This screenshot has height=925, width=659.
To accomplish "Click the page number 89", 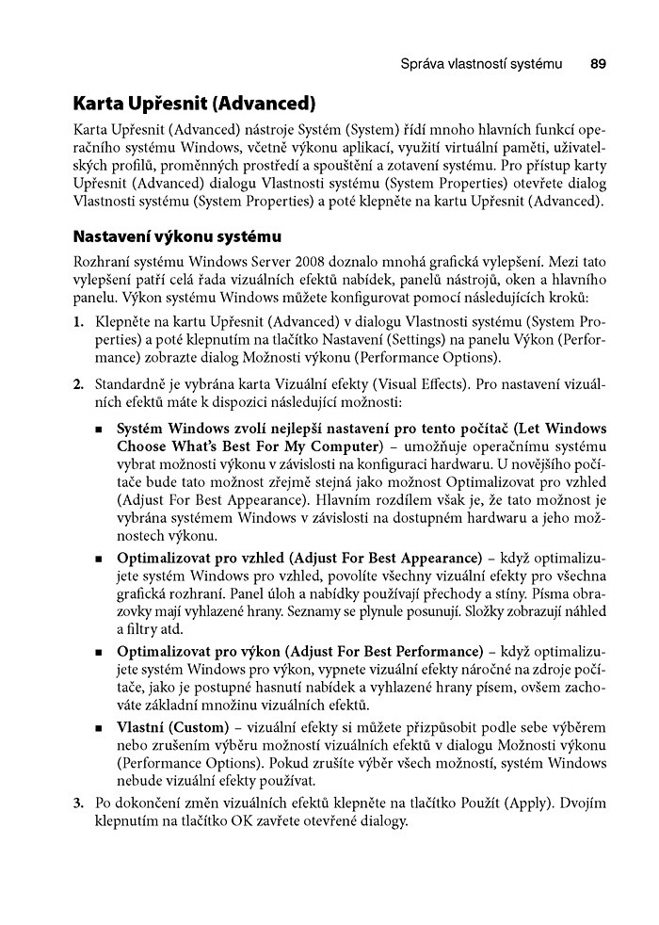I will (x=598, y=65).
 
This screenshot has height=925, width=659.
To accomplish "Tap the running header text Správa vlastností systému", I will (x=481, y=65).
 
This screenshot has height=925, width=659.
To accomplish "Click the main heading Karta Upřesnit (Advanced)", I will (x=194, y=103).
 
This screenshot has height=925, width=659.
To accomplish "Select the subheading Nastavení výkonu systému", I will (x=171, y=235).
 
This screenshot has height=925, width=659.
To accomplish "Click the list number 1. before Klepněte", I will (x=78, y=322).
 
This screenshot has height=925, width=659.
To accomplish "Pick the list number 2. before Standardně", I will (x=78, y=384).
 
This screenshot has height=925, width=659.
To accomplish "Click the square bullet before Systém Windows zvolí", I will (x=99, y=429).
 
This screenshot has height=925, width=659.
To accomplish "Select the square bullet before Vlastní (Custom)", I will (x=99, y=730).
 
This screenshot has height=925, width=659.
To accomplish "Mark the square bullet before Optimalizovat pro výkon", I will (x=99, y=652).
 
